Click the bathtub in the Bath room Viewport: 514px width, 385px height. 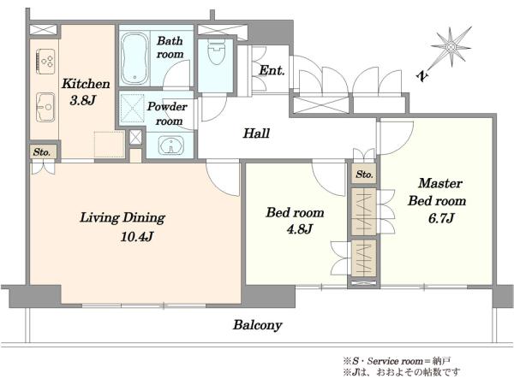(134, 59)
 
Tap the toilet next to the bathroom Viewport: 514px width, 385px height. (216, 53)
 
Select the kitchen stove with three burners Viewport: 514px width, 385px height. (45, 62)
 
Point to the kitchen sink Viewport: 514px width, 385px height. (45, 107)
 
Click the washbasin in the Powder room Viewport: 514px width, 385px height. (170, 145)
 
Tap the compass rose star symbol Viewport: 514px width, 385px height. (451, 47)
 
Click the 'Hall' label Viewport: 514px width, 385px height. (256, 133)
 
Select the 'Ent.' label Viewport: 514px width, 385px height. (272, 70)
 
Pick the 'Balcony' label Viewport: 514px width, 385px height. (258, 325)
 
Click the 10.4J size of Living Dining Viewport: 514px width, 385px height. (137, 236)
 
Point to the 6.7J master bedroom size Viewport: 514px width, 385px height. (441, 218)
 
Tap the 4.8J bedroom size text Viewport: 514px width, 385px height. (299, 229)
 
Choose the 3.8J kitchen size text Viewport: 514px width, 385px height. (82, 100)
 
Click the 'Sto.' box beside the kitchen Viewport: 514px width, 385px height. (42, 152)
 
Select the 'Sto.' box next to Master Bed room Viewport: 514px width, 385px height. (365, 175)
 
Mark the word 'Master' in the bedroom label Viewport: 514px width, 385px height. (440, 183)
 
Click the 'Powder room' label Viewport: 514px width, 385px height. (167, 114)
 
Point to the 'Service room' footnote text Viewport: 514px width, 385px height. (395, 361)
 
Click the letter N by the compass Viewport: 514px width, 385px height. (423, 76)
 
